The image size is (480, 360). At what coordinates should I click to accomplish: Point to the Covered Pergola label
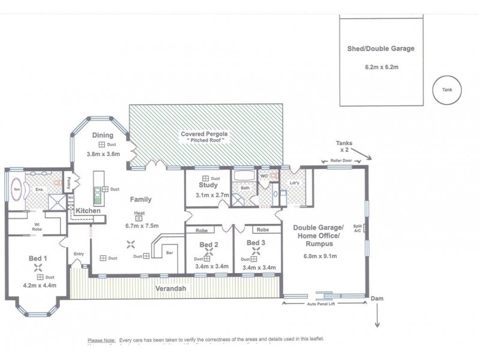tap(203, 133)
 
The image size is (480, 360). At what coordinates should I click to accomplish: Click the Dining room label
tap(103, 136)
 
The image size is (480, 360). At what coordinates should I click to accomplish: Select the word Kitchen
tap(88, 211)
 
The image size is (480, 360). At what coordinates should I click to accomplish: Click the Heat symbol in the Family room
tap(139, 218)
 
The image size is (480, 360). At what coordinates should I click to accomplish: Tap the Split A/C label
tap(358, 229)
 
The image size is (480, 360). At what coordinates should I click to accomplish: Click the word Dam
tap(377, 298)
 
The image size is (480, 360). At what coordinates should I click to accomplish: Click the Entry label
tap(79, 254)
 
